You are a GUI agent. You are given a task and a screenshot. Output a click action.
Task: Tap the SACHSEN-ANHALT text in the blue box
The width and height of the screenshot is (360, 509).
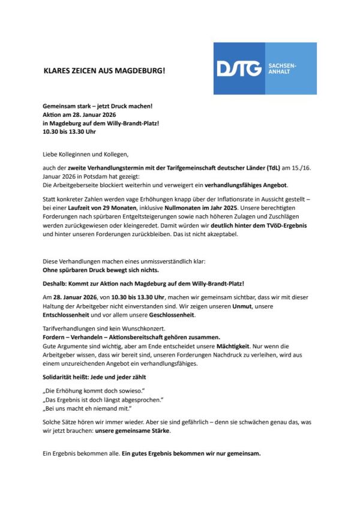tap(281, 68)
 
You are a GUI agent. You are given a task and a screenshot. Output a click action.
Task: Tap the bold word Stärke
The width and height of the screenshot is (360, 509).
tap(156, 430)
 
